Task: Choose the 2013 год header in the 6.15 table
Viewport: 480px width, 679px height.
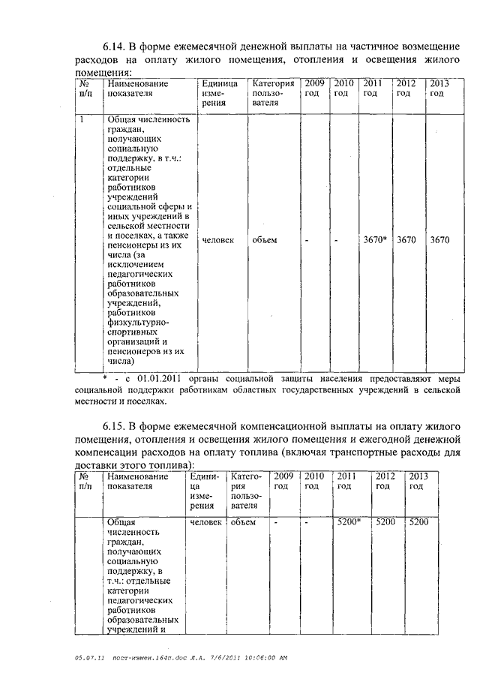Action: [x=418, y=481]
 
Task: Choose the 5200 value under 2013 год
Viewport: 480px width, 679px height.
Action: [x=418, y=522]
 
